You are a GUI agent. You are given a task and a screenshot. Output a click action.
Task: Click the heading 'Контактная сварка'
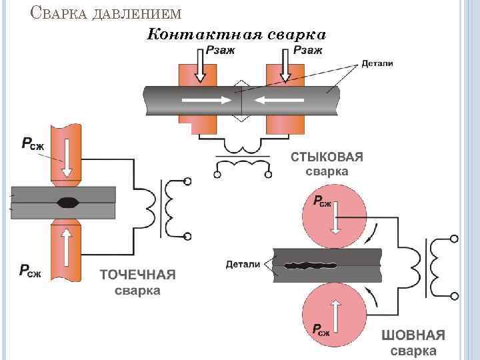(x=236, y=33)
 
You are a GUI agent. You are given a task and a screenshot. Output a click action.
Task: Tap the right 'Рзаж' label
(x=308, y=50)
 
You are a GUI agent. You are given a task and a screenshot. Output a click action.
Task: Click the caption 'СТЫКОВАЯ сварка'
(x=327, y=164)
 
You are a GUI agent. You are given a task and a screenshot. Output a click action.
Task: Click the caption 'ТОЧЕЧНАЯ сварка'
(x=138, y=282)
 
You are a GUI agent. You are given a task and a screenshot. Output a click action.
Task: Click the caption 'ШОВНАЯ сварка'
(x=413, y=343)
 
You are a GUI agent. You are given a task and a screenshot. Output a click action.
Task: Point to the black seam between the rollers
(x=313, y=265)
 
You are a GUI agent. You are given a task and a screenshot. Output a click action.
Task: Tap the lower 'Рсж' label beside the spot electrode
(x=29, y=270)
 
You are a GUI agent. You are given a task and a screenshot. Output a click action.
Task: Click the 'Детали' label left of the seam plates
(x=243, y=264)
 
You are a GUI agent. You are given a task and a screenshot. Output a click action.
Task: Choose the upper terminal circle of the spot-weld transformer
(x=188, y=182)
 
